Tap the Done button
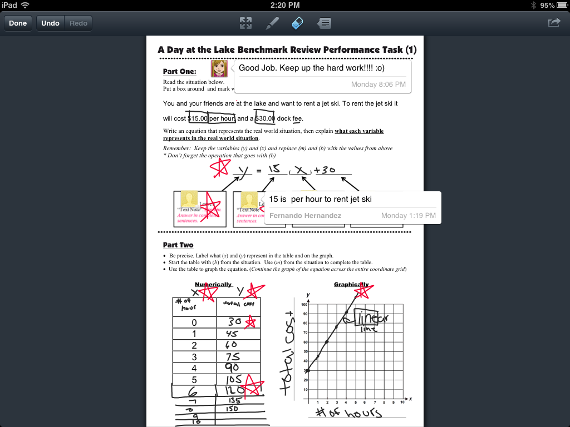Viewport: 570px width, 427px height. (18, 23)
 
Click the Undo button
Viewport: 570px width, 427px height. (50, 23)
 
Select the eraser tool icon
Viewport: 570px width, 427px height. (298, 23)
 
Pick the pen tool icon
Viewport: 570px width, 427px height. (272, 23)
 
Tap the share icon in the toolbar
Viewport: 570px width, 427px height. (554, 23)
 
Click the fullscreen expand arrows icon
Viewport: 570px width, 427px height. (245, 23)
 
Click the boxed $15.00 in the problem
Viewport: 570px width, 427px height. (198, 118)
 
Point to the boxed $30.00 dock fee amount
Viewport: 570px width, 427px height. (265, 118)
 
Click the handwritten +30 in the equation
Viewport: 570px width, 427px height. (325, 170)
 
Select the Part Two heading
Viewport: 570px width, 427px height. (178, 245)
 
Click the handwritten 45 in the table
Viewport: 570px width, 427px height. (232, 334)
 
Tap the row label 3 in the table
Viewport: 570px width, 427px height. (194, 357)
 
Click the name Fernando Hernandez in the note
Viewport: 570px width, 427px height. (305, 215)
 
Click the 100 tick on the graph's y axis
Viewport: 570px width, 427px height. (304, 305)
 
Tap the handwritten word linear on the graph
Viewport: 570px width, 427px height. (371, 318)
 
